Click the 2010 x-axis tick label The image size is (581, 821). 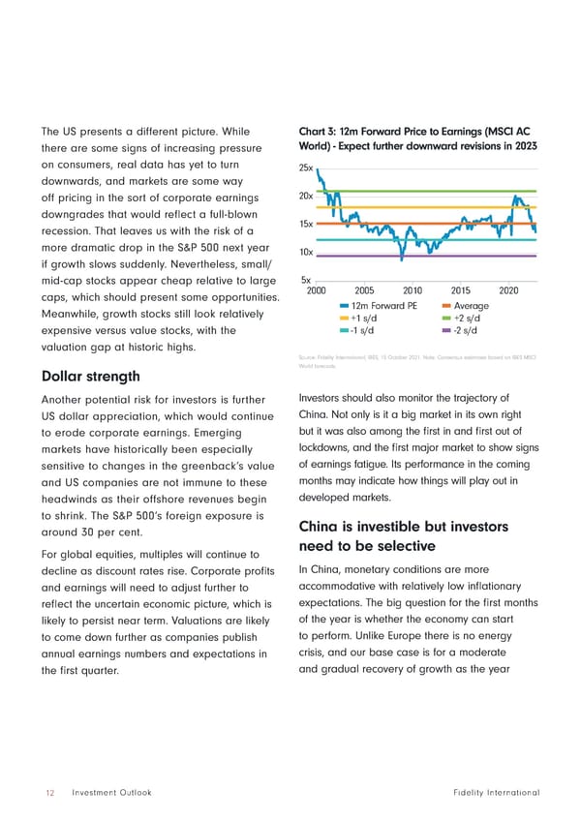413,290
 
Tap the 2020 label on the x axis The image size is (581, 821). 510,290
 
